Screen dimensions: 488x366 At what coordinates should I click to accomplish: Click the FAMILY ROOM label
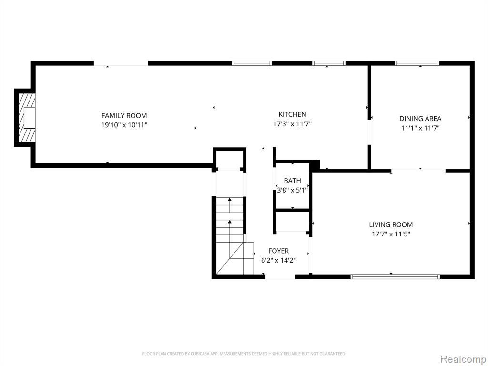(x=124, y=116)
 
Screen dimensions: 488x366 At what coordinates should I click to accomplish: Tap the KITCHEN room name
(x=292, y=114)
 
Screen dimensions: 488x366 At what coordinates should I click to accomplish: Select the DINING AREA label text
(x=420, y=119)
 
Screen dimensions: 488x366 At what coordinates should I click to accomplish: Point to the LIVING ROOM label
(x=391, y=225)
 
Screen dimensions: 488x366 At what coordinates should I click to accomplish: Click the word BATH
(x=293, y=181)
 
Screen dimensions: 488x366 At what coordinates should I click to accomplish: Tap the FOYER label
(x=278, y=251)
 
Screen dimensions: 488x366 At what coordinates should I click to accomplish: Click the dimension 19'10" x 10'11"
(x=124, y=125)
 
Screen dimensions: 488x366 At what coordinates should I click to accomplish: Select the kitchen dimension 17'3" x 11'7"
(x=292, y=124)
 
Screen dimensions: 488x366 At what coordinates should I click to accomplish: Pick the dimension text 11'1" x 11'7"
(x=420, y=128)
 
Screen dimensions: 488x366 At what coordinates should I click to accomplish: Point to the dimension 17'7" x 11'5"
(x=391, y=234)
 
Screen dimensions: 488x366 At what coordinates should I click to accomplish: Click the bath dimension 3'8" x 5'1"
(x=293, y=190)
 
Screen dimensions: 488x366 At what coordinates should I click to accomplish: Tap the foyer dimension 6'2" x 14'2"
(x=278, y=260)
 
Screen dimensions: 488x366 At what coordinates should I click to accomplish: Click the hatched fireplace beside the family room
(x=27, y=118)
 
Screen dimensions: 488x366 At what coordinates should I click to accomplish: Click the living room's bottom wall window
(x=395, y=276)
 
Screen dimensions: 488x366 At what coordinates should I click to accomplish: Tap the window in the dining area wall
(x=417, y=63)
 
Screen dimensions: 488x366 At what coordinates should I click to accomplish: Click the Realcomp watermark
(x=463, y=359)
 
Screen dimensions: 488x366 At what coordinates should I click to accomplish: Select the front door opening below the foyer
(x=280, y=276)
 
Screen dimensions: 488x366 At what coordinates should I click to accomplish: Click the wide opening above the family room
(x=121, y=63)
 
